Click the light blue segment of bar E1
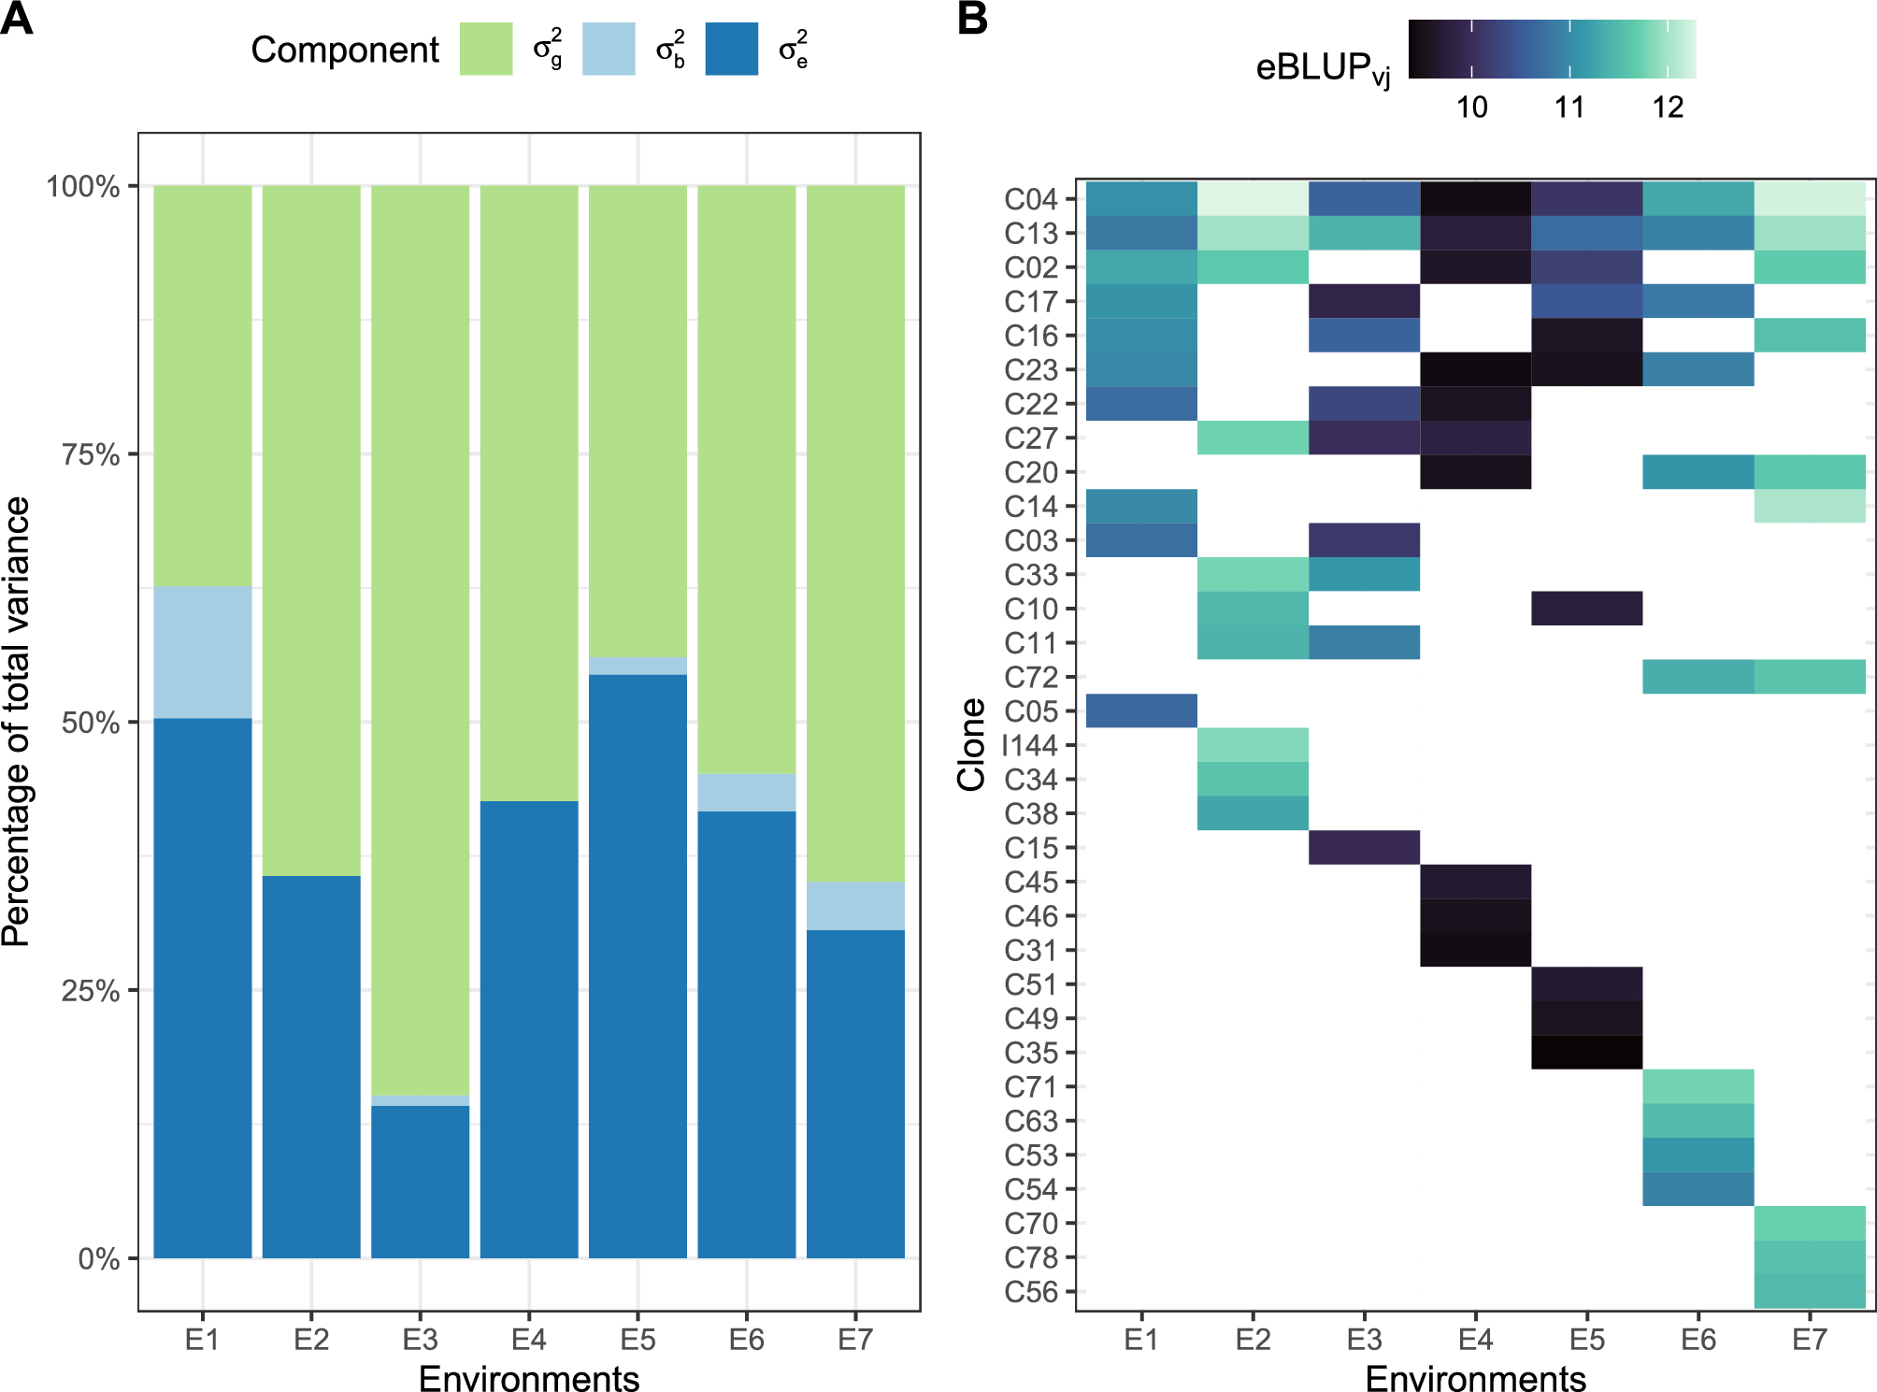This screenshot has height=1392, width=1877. coord(202,653)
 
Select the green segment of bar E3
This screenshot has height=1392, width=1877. coord(420,639)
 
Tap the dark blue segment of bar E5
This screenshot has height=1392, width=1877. coord(638,966)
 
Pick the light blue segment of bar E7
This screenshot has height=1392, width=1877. coord(855,906)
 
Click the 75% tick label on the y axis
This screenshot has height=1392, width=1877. coord(91,455)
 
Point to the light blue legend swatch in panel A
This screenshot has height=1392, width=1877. coord(609,50)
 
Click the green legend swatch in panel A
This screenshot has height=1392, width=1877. coord(486,50)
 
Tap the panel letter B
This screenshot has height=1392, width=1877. coord(972,19)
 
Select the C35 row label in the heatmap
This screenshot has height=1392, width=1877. coord(1030,1054)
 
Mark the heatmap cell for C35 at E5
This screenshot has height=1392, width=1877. coord(1586,1053)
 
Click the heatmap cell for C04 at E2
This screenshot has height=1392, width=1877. coord(1253,199)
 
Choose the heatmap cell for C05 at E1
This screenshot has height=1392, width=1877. coord(1141,710)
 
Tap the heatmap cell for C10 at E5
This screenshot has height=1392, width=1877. coord(1586,609)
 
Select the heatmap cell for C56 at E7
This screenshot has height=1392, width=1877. coord(1809,1292)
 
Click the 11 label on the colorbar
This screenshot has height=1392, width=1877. coord(1569,108)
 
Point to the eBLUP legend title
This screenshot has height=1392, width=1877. coord(1323,68)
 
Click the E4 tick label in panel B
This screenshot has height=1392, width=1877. coord(1475,1340)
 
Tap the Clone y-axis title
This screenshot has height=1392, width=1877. coord(971,745)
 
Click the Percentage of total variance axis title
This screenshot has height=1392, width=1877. coord(17,722)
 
